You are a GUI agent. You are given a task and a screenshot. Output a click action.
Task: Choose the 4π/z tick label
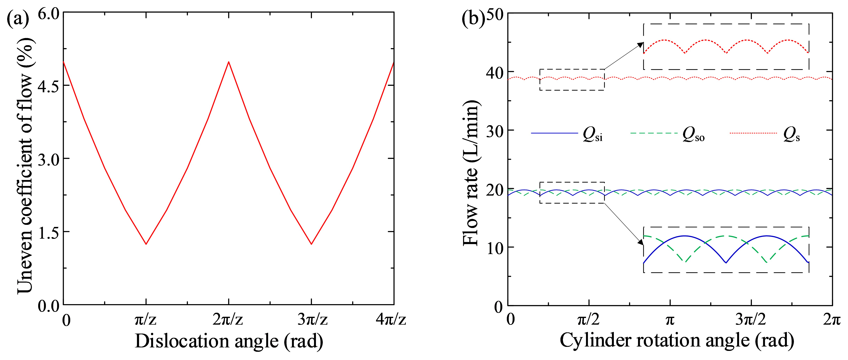391,319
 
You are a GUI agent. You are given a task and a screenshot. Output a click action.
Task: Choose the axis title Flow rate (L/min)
471,173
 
